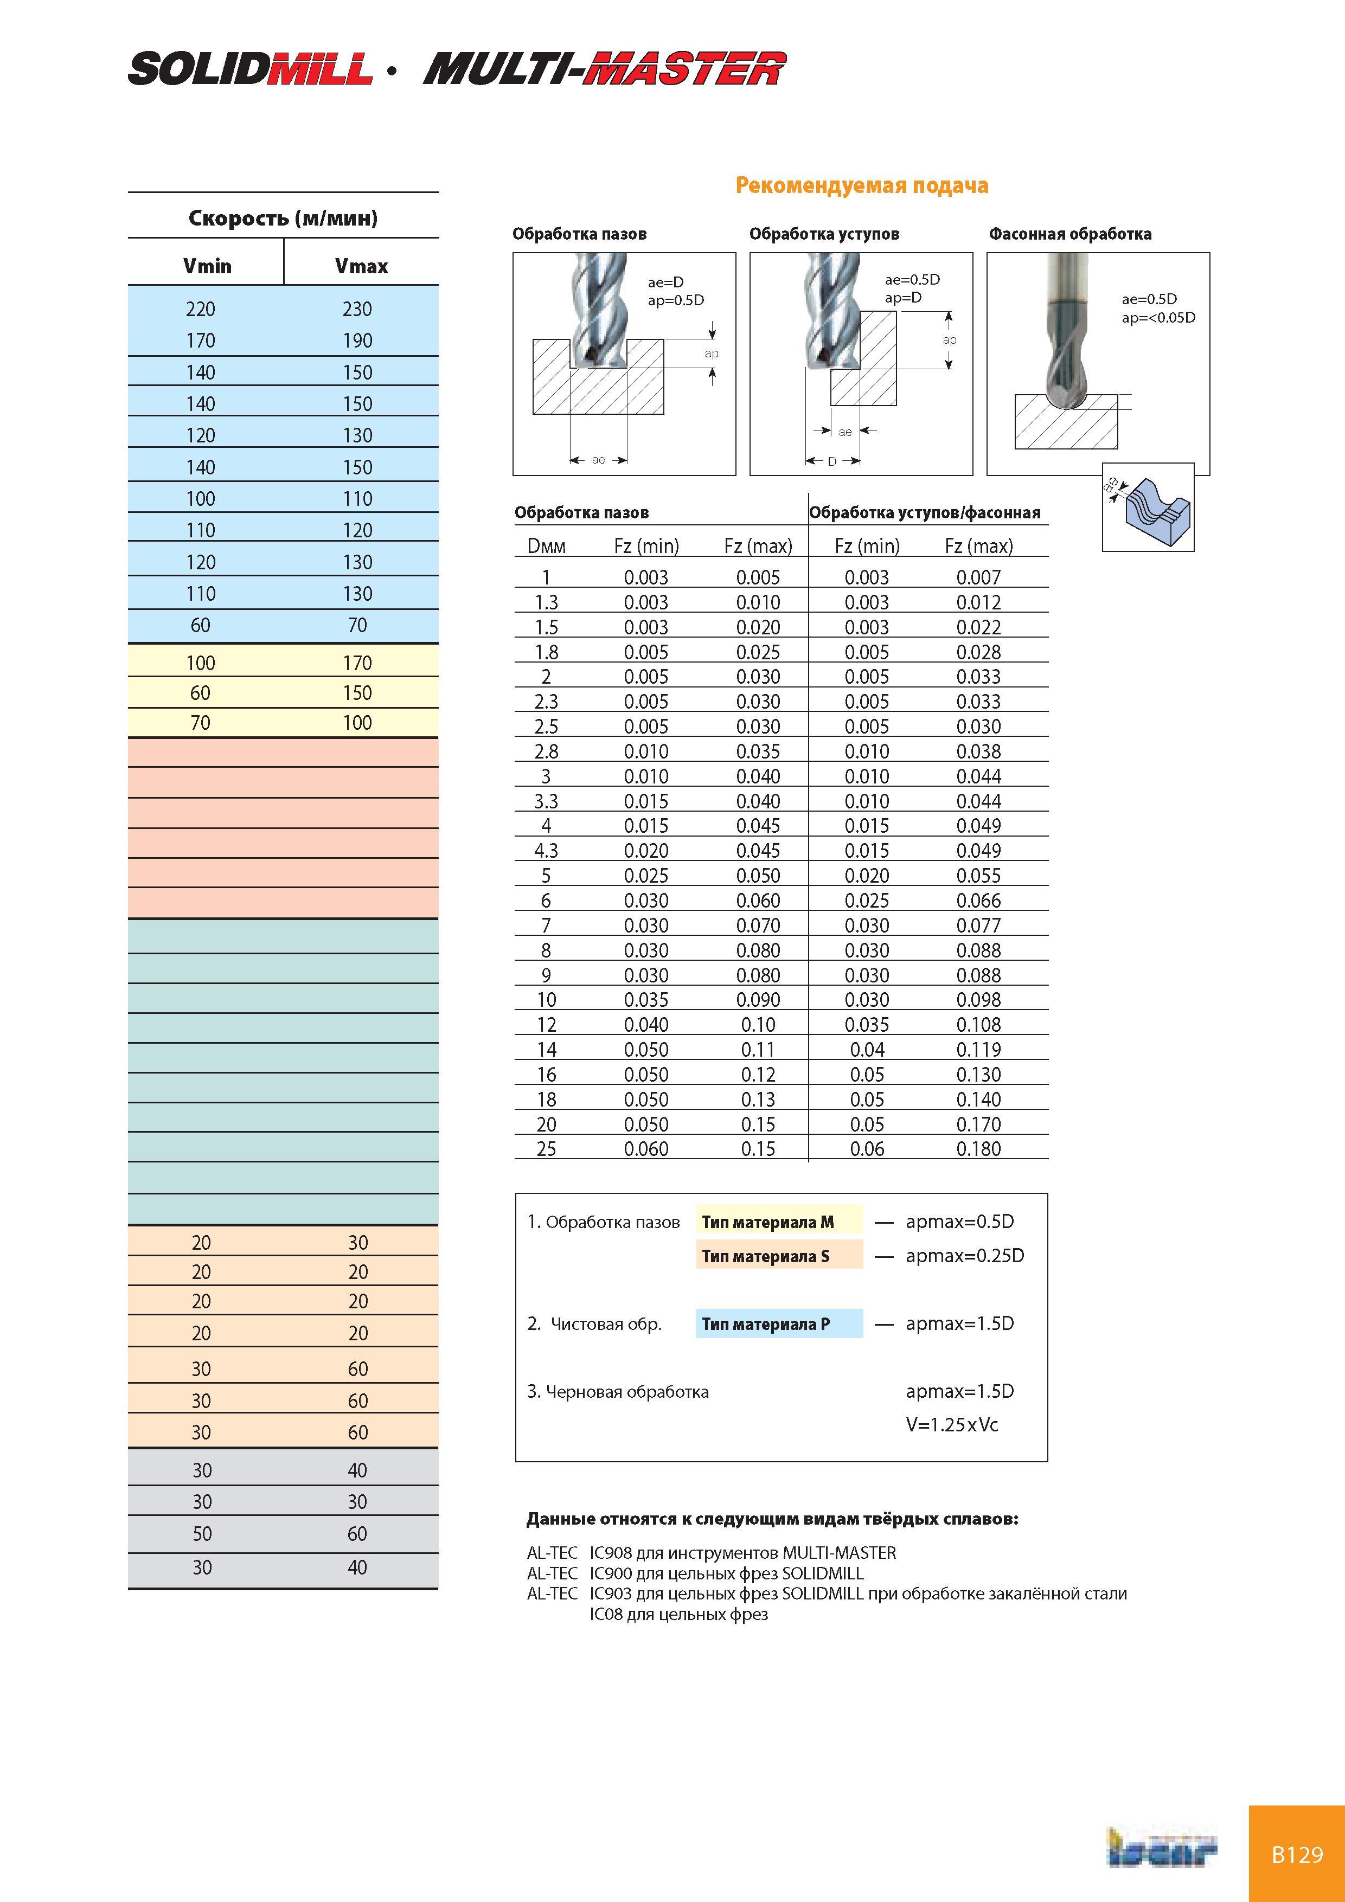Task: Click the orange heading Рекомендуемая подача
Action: pos(862,185)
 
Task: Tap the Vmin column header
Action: pos(207,266)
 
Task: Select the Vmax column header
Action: pos(361,266)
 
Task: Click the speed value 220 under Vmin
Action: pos(201,309)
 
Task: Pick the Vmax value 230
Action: pos(357,309)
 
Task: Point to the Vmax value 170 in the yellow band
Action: pos(357,663)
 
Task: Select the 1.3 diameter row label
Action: pos(546,602)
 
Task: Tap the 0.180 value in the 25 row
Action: pos(979,1149)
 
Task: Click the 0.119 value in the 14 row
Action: pos(979,1050)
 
